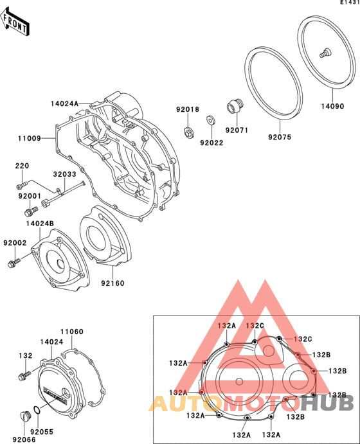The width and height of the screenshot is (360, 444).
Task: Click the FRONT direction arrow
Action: (15, 22)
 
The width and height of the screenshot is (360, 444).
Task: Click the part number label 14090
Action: (332, 106)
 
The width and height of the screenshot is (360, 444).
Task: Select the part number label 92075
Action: (280, 137)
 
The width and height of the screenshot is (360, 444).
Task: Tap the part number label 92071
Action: (237, 130)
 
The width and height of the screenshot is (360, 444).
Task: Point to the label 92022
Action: (212, 143)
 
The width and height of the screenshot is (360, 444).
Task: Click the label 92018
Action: (188, 109)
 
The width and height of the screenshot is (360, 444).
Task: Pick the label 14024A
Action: (64, 103)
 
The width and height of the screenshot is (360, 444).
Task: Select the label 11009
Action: (30, 138)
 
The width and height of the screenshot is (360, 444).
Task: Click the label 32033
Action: (64, 174)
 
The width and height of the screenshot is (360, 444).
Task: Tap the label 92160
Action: (113, 283)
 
